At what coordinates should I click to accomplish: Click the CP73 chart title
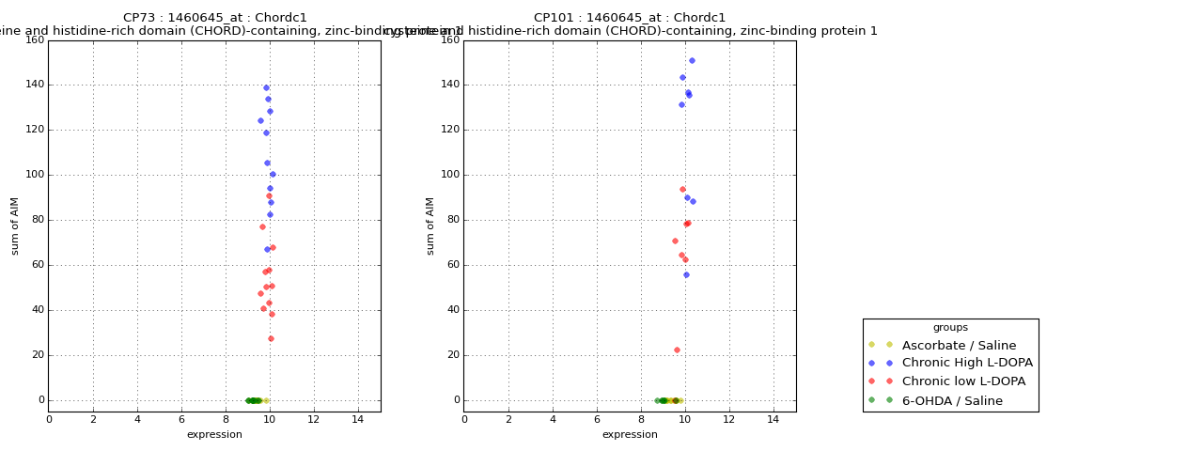coord(215,18)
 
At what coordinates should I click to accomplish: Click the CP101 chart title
coord(630,18)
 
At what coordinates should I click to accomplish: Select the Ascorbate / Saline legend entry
coord(959,346)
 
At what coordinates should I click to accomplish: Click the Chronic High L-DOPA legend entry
coord(967,364)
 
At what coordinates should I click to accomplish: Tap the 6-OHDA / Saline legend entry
coord(952,401)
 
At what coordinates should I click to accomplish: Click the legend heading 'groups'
coord(950,328)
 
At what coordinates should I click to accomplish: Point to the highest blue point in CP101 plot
coord(692,61)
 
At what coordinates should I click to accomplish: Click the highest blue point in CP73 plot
coord(266,88)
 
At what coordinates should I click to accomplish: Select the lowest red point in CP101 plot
coord(677,350)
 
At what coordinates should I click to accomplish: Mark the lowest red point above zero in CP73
coord(271,339)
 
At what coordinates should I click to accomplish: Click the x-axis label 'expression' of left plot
coord(214,435)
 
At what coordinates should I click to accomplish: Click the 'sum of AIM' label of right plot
coord(431,225)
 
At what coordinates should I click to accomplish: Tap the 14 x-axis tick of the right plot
coord(773,420)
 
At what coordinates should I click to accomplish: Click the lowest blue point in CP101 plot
coord(686,275)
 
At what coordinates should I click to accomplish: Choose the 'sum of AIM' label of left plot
coord(16,225)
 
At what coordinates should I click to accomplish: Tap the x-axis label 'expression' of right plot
coord(630,435)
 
